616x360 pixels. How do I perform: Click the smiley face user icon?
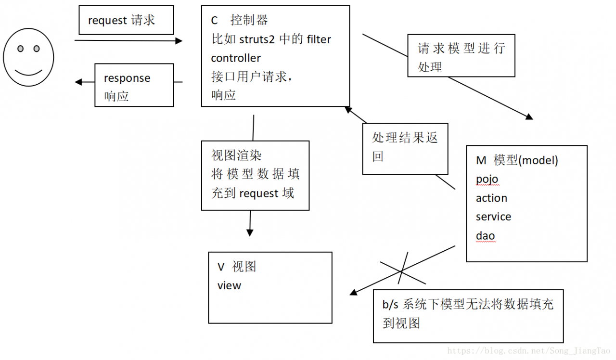point(28,57)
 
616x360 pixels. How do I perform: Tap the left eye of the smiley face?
point(20,49)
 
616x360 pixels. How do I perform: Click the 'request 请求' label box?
point(126,21)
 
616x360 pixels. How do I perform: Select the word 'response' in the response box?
point(127,78)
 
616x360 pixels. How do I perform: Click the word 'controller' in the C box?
point(236,58)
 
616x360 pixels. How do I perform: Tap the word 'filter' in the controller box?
point(319,39)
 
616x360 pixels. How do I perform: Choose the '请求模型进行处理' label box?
point(461,56)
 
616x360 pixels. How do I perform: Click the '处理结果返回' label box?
point(405,148)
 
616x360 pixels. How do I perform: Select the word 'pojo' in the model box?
point(487,180)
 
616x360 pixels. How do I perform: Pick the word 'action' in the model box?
point(491,198)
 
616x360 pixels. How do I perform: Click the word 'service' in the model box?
point(493,217)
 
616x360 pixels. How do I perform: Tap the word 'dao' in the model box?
point(485,236)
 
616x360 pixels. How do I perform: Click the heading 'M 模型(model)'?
point(517,161)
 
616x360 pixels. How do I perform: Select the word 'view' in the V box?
point(229,285)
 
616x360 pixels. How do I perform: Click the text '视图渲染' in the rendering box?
point(236,155)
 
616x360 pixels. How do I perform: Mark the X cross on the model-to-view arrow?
point(402,271)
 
